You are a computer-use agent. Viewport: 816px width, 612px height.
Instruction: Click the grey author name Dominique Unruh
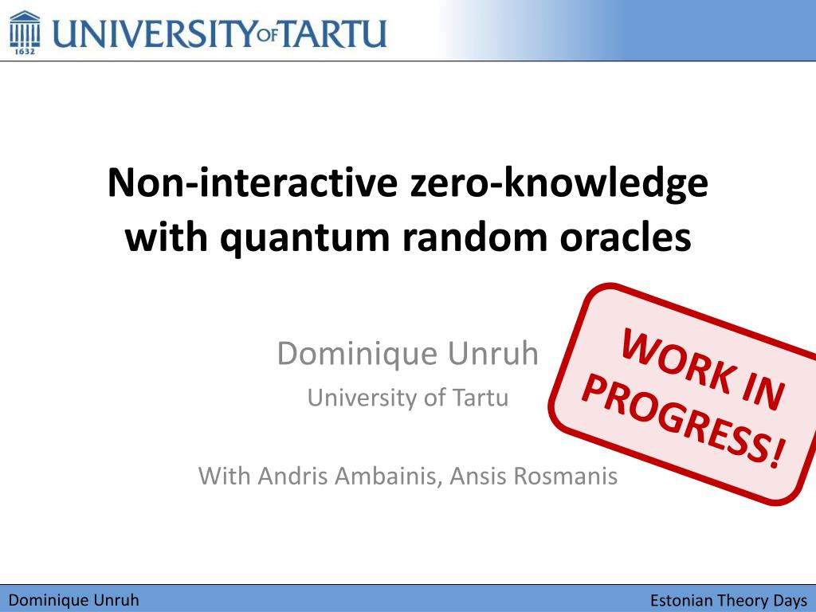click(408, 353)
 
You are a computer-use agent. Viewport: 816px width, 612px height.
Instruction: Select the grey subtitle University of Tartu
click(408, 397)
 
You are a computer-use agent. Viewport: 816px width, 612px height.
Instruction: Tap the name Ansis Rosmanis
click(533, 477)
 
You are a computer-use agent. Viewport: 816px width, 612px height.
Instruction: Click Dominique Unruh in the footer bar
click(73, 600)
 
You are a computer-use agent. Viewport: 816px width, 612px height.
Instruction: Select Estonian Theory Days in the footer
click(728, 600)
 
